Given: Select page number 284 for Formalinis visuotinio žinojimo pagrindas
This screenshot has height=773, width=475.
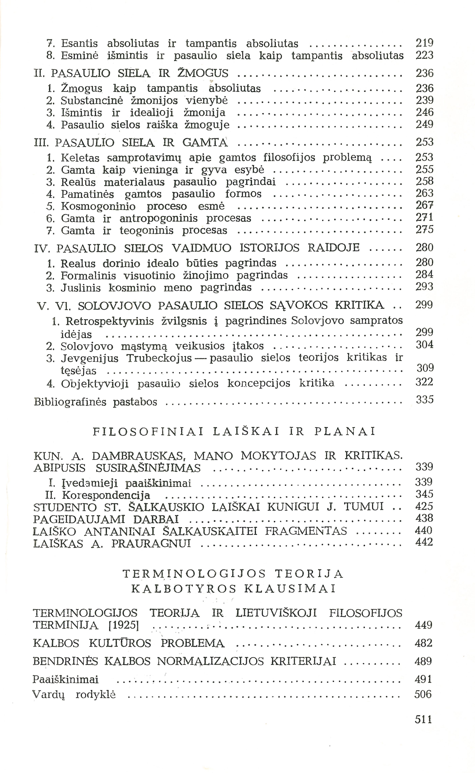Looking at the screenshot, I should tap(424, 275).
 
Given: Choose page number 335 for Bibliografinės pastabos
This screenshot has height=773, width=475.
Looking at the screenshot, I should tap(424, 400).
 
